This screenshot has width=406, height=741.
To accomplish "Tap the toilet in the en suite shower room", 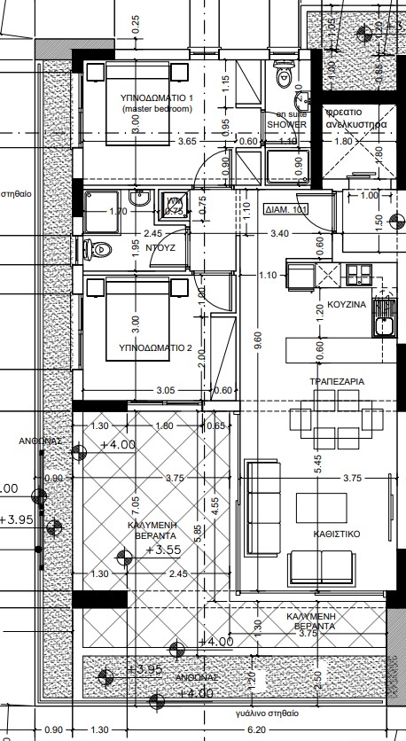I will [x=285, y=73].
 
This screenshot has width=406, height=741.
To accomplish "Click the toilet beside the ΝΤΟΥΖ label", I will [x=100, y=249].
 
